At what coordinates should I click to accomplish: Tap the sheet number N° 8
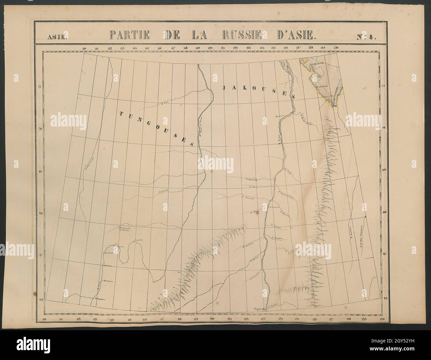366,37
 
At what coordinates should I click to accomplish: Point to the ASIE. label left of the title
57,37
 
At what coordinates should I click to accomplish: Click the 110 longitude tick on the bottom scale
44,319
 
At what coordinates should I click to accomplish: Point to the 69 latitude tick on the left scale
41,172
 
